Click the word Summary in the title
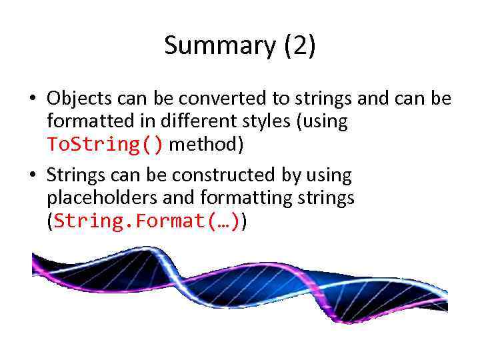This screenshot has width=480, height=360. (219, 46)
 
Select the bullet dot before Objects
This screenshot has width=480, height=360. (32, 99)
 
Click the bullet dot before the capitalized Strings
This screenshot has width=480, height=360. (32, 176)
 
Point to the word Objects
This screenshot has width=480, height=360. (79, 99)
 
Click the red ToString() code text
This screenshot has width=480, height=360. (105, 145)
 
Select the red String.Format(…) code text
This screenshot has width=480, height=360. (147, 221)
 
